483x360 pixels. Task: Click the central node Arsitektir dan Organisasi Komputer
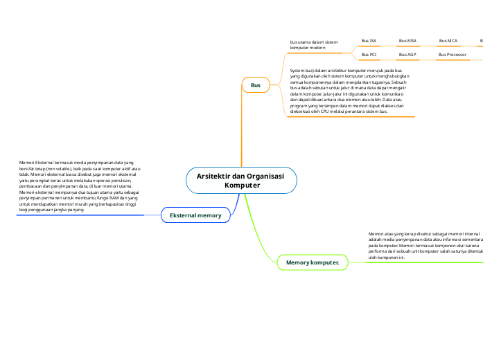(x=241, y=180)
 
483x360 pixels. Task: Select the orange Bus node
(x=256, y=85)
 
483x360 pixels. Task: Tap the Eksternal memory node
(x=195, y=215)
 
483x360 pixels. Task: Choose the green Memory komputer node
(x=313, y=262)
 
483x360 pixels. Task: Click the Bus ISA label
(x=369, y=42)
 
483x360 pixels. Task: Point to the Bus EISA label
(x=407, y=42)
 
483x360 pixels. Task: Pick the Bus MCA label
(x=448, y=42)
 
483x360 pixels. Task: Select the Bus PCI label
(x=369, y=54)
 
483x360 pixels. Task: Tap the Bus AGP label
(x=407, y=54)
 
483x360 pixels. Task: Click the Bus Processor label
(x=452, y=54)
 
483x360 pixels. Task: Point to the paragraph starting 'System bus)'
(x=350, y=90)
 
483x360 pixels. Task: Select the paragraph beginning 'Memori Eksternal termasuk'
(x=80, y=185)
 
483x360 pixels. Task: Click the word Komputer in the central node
(x=243, y=186)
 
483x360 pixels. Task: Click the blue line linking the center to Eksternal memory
(x=238, y=205)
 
